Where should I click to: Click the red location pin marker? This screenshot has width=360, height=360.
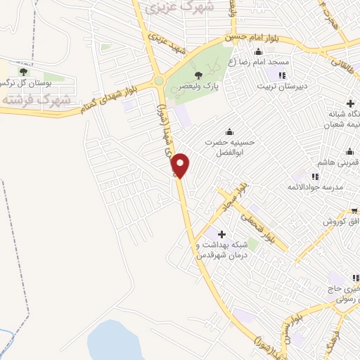(181, 165)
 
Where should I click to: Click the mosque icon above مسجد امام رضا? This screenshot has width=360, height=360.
(259, 51)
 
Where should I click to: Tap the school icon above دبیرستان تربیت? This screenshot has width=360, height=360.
(282, 75)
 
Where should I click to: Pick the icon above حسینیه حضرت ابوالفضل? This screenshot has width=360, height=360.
(229, 131)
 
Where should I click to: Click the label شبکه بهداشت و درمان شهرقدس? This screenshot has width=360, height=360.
(224, 249)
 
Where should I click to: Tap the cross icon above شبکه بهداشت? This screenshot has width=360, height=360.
(222, 234)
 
